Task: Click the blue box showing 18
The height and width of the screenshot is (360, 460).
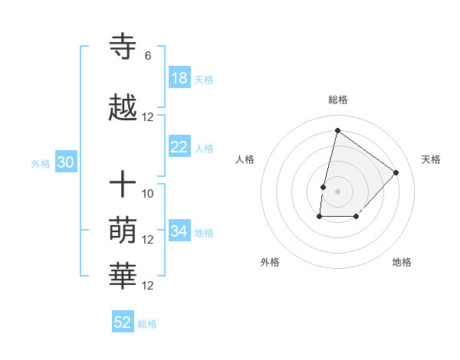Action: tap(179, 78)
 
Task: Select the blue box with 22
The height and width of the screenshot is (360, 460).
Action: tap(179, 147)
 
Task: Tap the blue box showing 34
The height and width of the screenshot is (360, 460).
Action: tap(179, 231)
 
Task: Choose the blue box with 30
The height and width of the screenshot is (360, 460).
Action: tap(65, 162)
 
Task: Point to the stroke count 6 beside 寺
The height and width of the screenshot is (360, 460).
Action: tap(148, 56)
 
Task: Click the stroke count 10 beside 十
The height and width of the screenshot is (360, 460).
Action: tap(148, 193)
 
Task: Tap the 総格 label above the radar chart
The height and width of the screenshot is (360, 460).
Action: tap(338, 100)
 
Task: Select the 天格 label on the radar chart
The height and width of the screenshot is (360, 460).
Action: tap(431, 159)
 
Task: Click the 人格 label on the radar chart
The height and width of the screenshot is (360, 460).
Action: tap(245, 159)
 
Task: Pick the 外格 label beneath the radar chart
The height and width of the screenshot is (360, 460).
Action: tap(270, 262)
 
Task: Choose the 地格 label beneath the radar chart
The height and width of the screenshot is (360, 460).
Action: tap(402, 262)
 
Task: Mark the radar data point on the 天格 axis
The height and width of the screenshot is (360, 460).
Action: tap(396, 172)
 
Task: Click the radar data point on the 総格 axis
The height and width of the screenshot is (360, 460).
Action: tap(337, 130)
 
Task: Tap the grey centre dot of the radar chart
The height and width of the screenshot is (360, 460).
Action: tap(337, 191)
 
